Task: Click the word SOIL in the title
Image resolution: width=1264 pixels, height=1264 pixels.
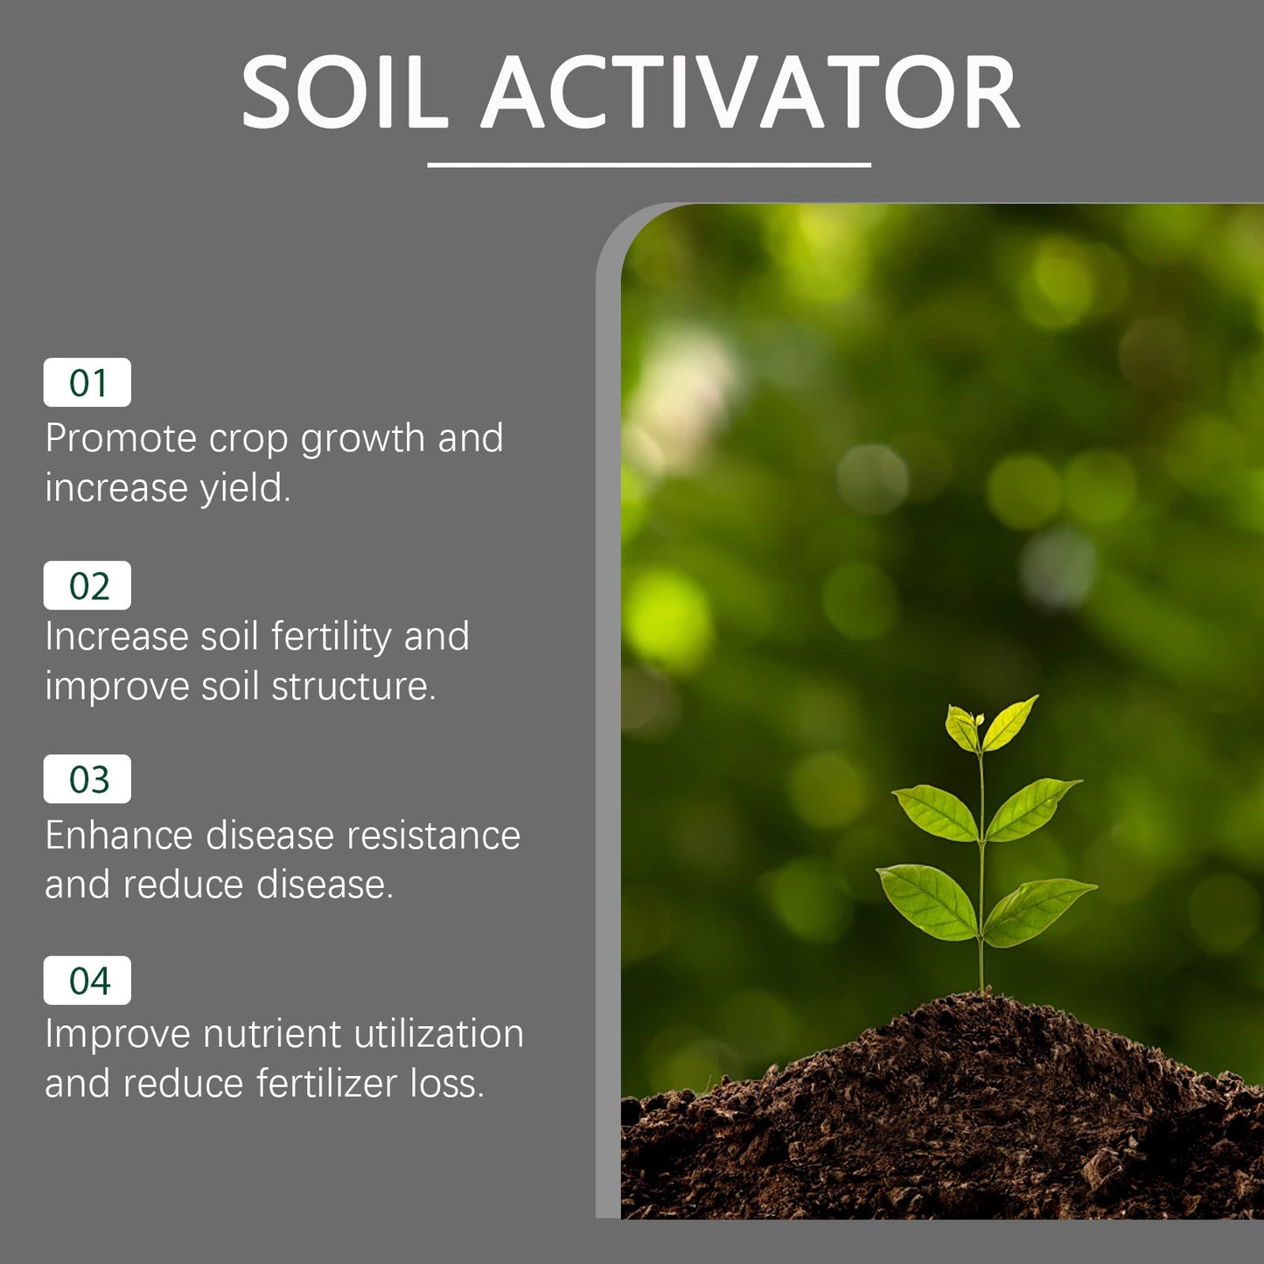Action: coord(345,93)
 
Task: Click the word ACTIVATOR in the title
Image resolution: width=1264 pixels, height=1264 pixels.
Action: coord(751,93)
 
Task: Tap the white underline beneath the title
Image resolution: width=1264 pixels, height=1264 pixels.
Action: coord(648,164)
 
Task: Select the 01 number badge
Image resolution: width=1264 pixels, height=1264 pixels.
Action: coord(87,382)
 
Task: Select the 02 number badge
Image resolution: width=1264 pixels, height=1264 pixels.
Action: coord(87,585)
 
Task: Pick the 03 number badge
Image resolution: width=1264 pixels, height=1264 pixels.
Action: coord(87,779)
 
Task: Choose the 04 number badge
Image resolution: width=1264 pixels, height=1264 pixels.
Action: coord(87,981)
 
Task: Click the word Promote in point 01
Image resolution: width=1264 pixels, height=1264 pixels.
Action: coord(121,438)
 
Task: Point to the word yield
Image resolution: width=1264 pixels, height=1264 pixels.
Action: coord(244,488)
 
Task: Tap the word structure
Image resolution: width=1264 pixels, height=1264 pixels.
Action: coord(353,687)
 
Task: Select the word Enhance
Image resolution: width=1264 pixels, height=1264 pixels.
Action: coord(119,835)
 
